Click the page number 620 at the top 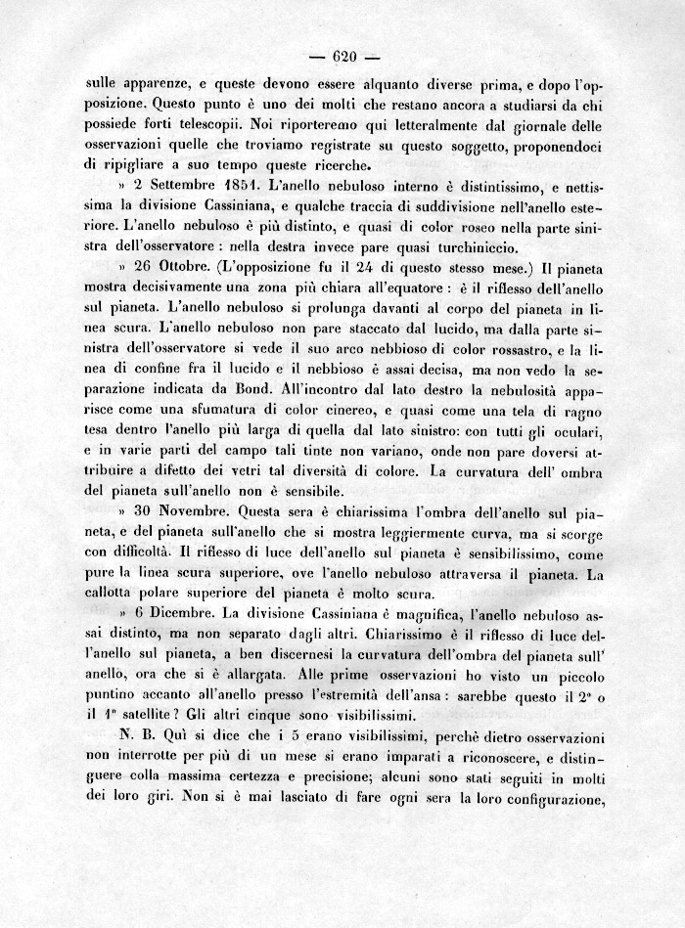point(342,55)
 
